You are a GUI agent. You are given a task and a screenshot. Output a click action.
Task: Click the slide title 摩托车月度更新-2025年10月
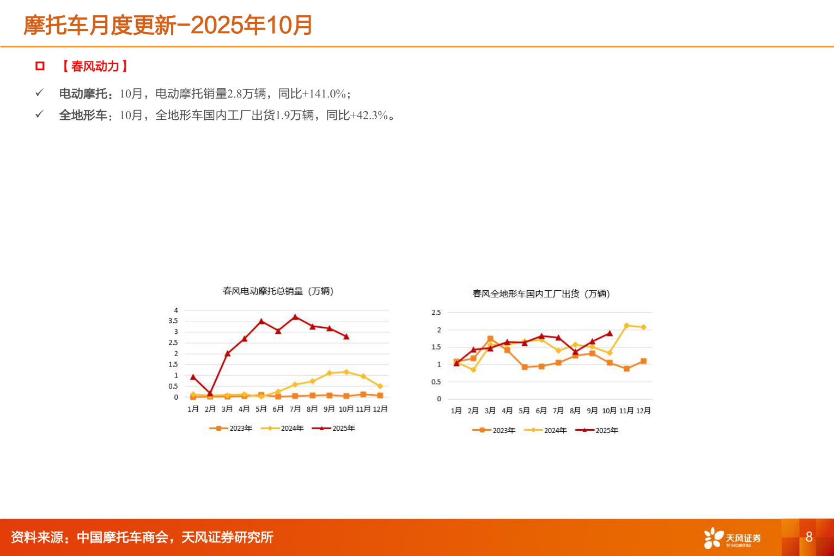tap(168, 25)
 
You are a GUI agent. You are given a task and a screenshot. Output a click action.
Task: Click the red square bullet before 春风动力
tap(40, 66)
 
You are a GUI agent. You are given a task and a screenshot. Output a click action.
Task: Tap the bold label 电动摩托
tap(83, 94)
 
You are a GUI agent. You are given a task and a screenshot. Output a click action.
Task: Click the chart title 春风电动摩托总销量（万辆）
tap(278, 291)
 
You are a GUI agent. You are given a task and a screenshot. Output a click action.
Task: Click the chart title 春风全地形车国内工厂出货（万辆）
tap(541, 294)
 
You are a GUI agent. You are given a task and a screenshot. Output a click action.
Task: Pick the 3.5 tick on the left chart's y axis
tap(173, 321)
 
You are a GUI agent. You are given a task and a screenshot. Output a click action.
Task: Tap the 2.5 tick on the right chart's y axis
tap(436, 313)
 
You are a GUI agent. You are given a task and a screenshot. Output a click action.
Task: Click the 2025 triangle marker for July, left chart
tap(295, 316)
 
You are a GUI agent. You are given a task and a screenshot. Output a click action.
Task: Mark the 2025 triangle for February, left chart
tap(210, 393)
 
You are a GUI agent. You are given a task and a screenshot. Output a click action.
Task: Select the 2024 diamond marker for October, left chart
tap(346, 372)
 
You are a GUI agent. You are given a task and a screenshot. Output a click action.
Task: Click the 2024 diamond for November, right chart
tap(626, 326)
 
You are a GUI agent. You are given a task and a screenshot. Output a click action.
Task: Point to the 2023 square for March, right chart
tap(490, 339)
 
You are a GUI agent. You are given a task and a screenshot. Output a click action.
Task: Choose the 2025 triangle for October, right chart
tap(610, 333)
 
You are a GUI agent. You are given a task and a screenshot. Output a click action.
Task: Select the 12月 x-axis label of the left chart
tap(380, 409)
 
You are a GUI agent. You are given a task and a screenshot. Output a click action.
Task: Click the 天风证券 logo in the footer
tap(732, 538)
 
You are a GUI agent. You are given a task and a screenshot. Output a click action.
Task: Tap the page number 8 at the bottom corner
tap(809, 537)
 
